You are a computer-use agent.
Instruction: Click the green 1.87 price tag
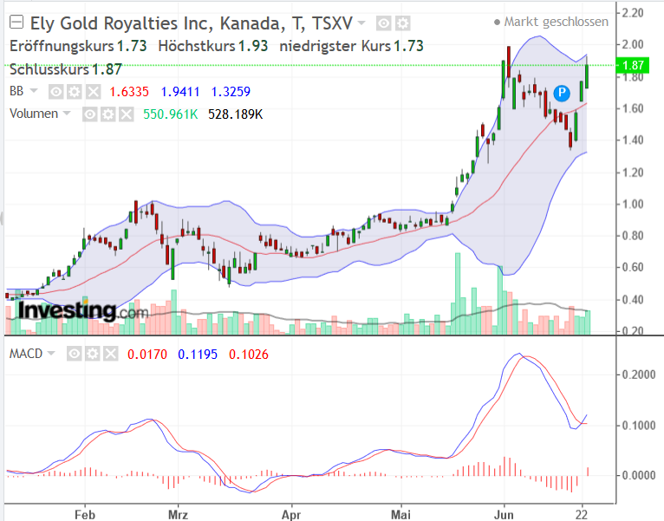click(x=635, y=65)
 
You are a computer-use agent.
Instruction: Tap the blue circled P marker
click(x=562, y=91)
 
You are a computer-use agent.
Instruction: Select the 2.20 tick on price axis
click(x=632, y=13)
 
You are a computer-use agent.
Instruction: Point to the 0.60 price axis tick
click(x=632, y=268)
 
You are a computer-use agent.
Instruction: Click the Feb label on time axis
click(x=84, y=512)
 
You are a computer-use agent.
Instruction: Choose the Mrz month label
click(x=178, y=512)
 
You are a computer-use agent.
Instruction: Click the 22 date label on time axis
click(x=583, y=512)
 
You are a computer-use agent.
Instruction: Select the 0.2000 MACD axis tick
click(x=640, y=374)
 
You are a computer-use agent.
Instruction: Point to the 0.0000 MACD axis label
click(x=640, y=475)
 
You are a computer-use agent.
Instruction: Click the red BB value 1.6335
click(x=131, y=90)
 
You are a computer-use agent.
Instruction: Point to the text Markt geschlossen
click(x=556, y=22)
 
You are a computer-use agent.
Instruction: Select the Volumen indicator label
click(x=34, y=113)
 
